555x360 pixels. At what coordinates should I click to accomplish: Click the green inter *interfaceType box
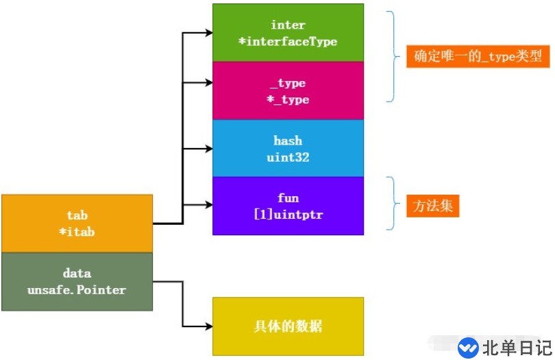(x=288, y=33)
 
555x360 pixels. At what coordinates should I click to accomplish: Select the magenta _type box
(x=288, y=91)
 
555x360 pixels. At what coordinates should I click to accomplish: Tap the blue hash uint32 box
(x=288, y=148)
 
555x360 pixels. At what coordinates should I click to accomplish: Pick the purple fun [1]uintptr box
(x=288, y=206)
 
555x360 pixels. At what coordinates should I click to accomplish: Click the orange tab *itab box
(x=77, y=223)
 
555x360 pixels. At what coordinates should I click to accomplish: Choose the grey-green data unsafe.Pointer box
(x=77, y=281)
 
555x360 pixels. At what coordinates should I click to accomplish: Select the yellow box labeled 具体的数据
(x=288, y=326)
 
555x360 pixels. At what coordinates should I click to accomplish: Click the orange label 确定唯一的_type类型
(x=478, y=56)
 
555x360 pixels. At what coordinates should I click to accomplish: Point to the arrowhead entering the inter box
(x=207, y=32)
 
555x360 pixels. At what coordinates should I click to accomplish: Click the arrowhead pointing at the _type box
(x=207, y=83)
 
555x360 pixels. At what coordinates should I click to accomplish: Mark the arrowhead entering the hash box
(x=207, y=147)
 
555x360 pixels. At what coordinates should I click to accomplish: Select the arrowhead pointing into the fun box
(x=207, y=204)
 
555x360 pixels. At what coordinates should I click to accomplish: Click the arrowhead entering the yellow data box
(x=207, y=326)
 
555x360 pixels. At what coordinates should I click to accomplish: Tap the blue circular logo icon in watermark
(x=469, y=347)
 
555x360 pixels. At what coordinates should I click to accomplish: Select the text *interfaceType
(x=288, y=42)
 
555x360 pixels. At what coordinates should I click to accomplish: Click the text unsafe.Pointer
(x=77, y=290)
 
